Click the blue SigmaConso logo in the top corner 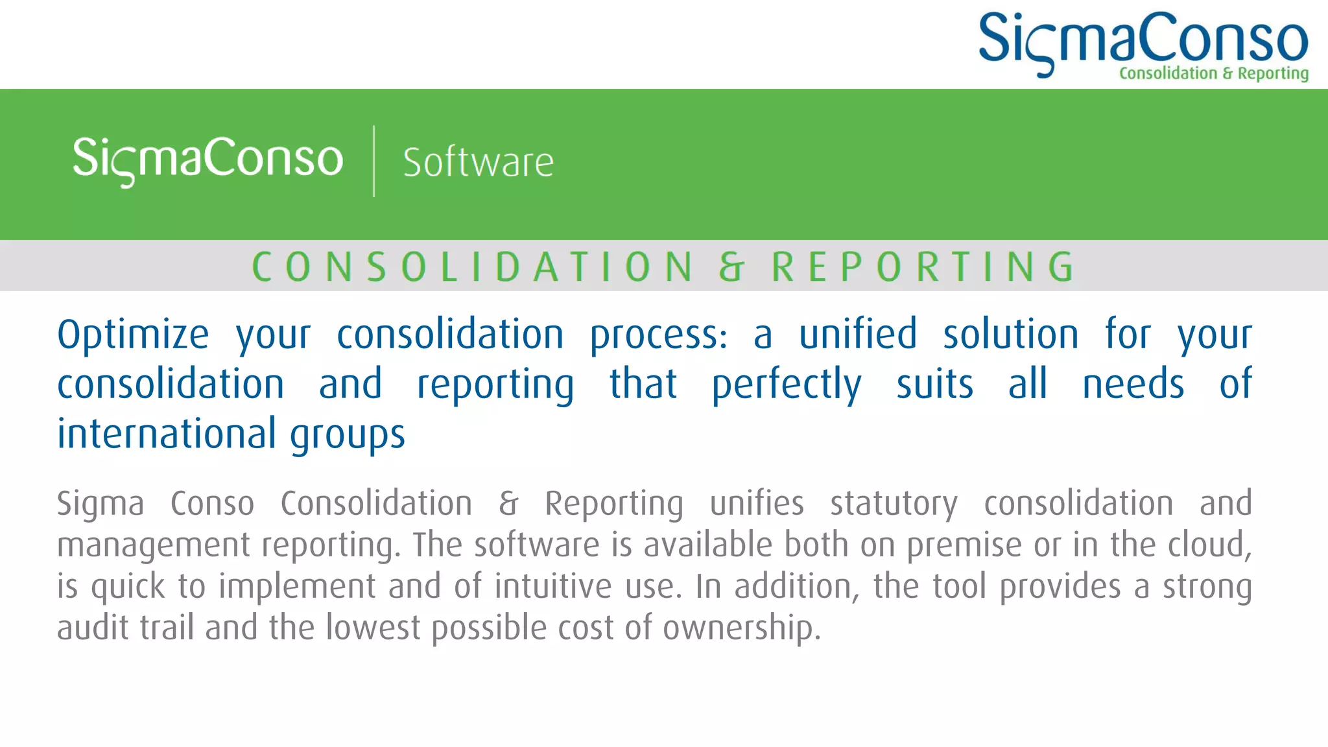click(x=1143, y=39)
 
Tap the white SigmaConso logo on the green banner click(x=207, y=159)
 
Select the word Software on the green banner click(x=478, y=162)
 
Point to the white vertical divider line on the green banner click(x=374, y=161)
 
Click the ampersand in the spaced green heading click(x=731, y=267)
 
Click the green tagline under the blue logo click(x=1213, y=73)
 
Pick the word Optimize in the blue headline click(x=133, y=335)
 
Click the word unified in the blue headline click(x=857, y=335)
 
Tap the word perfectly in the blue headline click(x=787, y=385)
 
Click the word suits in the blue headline click(x=934, y=385)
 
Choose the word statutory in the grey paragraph click(x=894, y=504)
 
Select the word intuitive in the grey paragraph click(x=552, y=586)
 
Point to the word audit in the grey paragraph click(x=93, y=628)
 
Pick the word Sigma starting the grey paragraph click(x=101, y=504)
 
